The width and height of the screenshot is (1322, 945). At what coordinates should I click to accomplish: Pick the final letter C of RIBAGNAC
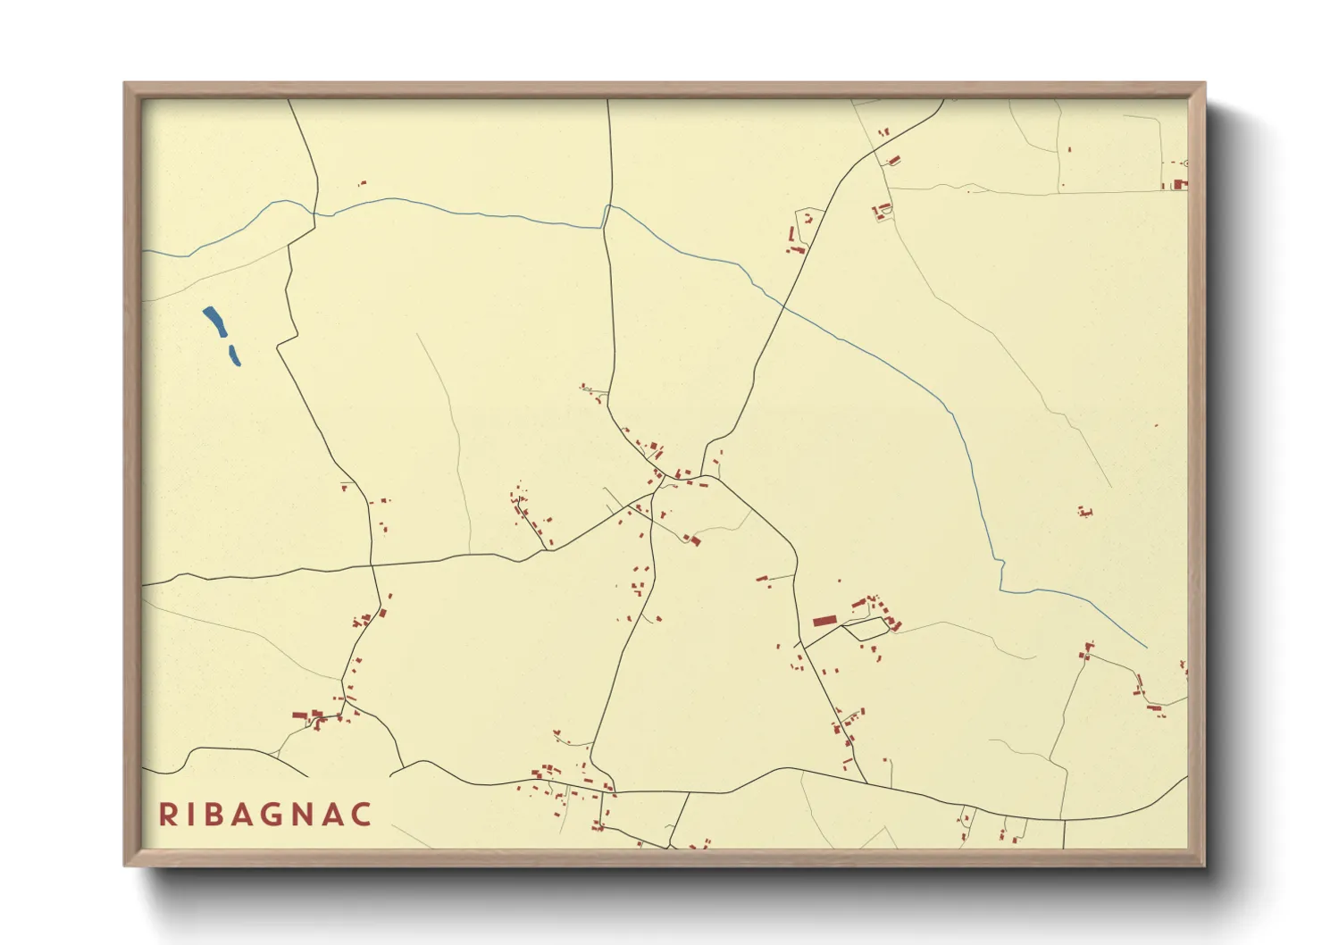click(x=361, y=815)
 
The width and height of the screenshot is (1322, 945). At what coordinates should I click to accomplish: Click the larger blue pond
click(x=214, y=320)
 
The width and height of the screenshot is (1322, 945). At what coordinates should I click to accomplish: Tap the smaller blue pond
click(x=235, y=355)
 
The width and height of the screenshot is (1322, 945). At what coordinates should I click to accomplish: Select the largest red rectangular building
click(x=824, y=620)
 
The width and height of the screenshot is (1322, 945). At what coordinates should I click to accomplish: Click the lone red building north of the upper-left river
click(x=362, y=183)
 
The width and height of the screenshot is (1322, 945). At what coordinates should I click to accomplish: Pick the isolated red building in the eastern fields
click(x=1085, y=512)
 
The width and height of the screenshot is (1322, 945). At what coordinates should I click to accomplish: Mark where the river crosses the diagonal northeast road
click(x=783, y=305)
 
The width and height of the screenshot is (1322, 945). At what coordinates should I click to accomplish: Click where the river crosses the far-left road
click(x=314, y=213)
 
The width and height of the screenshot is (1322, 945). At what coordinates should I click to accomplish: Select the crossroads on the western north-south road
click(x=372, y=564)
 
